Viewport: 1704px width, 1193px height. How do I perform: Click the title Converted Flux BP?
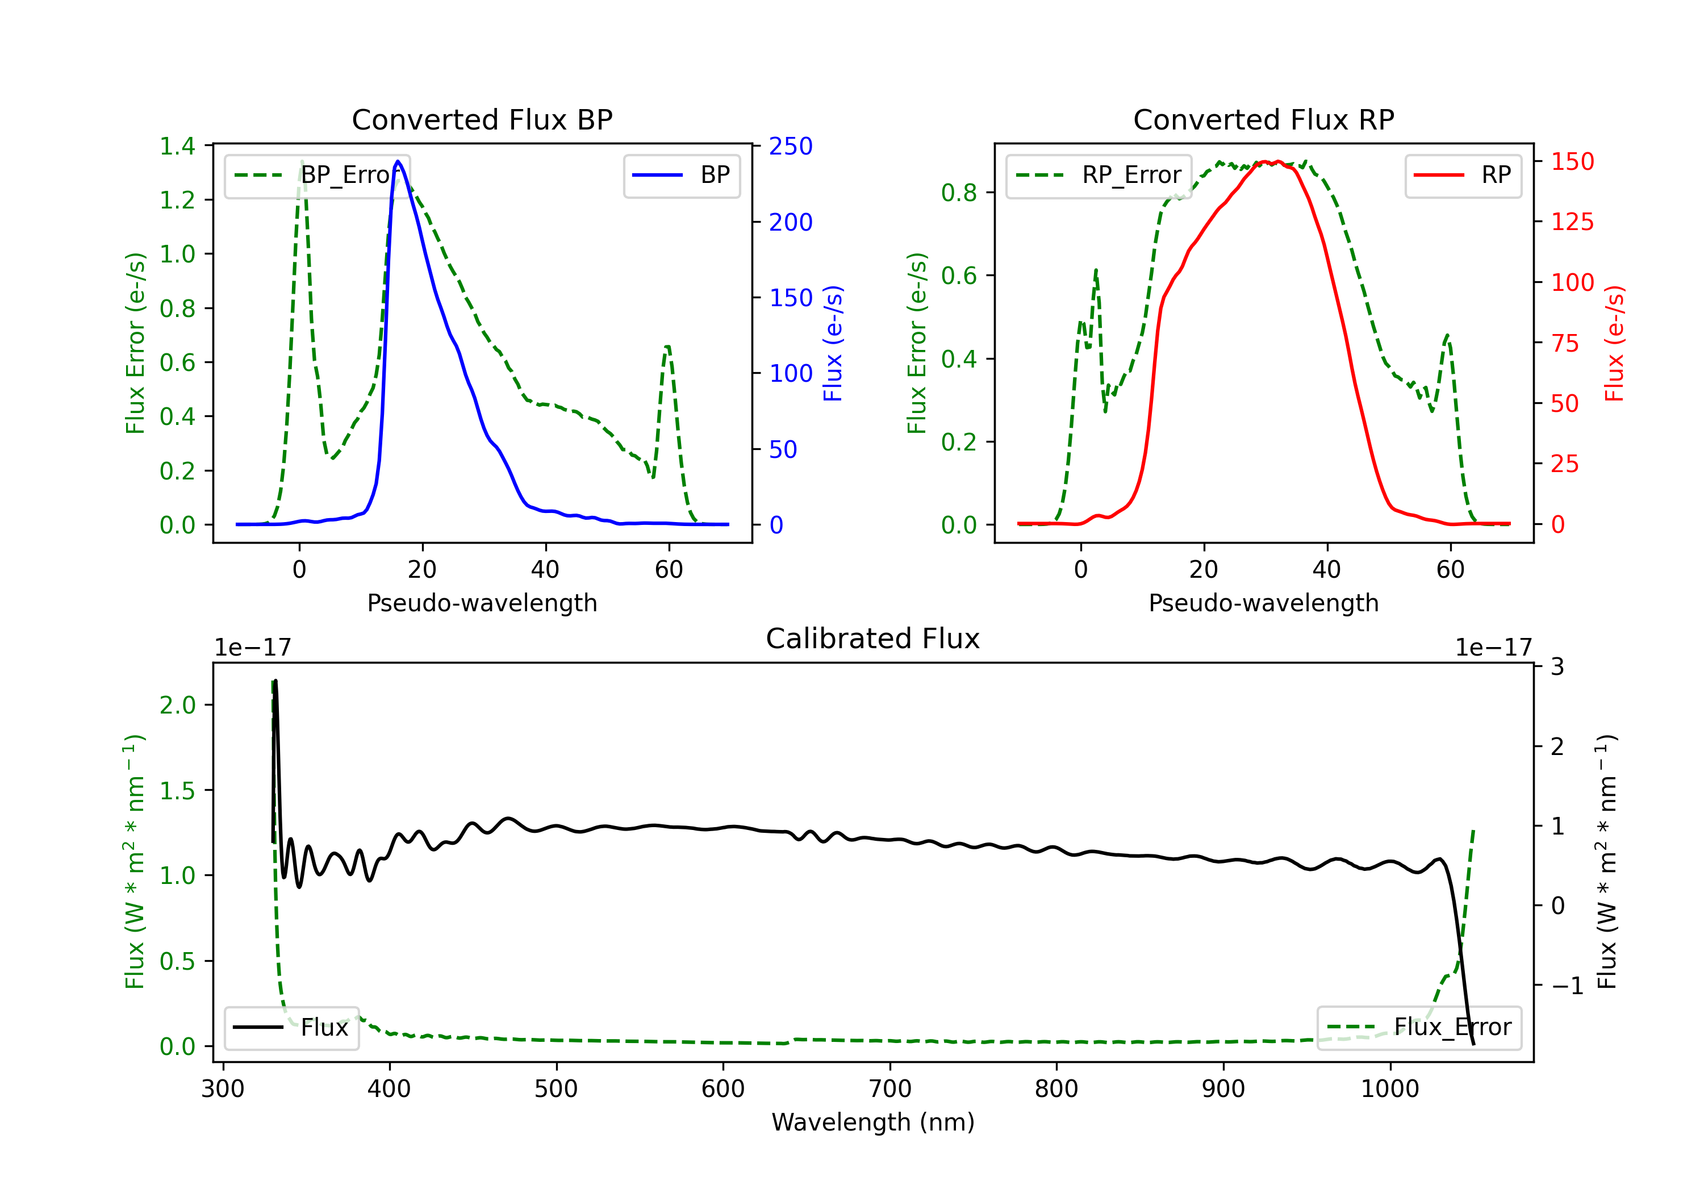(x=482, y=119)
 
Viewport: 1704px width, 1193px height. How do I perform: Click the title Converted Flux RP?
(x=1263, y=119)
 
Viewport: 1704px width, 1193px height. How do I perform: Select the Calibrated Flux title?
(x=873, y=639)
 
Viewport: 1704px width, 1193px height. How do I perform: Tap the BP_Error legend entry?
(x=318, y=175)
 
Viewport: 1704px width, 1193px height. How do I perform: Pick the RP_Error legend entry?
(x=1099, y=175)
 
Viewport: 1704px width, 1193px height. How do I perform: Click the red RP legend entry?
(x=1463, y=175)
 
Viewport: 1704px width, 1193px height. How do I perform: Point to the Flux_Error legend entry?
(x=1419, y=1028)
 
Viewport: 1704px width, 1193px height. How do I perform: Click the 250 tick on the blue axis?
(x=791, y=146)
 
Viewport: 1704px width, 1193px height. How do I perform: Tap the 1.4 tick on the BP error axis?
(x=177, y=146)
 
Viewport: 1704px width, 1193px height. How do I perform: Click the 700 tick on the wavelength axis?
(x=890, y=1089)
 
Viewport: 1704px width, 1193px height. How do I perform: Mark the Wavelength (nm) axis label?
(x=873, y=1123)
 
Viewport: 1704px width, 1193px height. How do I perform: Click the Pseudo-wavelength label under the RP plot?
(x=1263, y=603)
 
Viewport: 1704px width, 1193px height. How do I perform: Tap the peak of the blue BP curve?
(x=399, y=161)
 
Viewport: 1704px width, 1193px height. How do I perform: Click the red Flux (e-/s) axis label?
(x=1615, y=344)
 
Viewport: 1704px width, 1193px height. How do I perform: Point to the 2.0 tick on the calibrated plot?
(x=177, y=705)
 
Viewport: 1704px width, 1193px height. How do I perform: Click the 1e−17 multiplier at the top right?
(x=1493, y=648)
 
